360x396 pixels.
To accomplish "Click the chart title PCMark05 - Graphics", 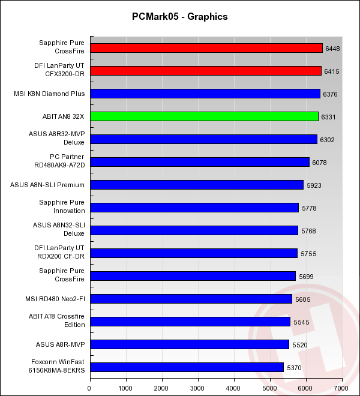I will pyautogui.click(x=179, y=17).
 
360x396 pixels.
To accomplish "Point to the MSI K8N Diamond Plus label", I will pyautogui.click(x=49, y=94).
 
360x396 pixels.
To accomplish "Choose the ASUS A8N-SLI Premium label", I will pyautogui.click(x=47, y=185).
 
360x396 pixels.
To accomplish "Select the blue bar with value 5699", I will pyautogui.click(x=193, y=276).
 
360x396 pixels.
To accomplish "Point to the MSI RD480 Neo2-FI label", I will pyautogui.click(x=53, y=299).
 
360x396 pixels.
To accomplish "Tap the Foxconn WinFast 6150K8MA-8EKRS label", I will pyautogui.click(x=58, y=367).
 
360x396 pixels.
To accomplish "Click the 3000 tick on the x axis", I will pyautogui.click(x=198, y=388).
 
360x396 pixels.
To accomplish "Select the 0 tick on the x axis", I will pyautogui.click(x=90, y=388).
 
